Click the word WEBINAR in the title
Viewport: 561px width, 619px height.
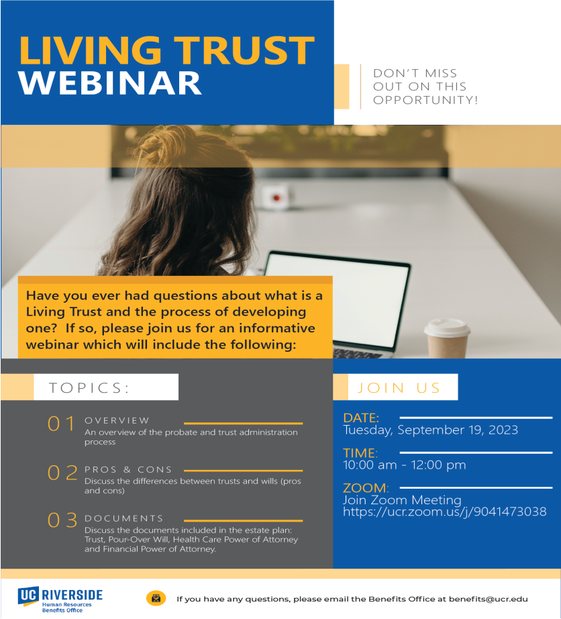110,83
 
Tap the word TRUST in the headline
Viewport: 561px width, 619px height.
245,50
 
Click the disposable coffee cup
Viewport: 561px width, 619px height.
447,338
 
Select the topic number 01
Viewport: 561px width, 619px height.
61,424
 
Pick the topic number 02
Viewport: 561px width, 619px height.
62,473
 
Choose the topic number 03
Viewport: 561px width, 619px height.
62,520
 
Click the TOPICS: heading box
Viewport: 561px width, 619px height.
106,387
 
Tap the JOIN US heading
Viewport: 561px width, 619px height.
399,387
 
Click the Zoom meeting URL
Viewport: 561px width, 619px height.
445,512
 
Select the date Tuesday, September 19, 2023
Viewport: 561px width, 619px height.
430,430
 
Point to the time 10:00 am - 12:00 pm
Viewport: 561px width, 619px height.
405,465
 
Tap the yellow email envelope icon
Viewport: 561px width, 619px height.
156,598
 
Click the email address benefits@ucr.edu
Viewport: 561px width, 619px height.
488,599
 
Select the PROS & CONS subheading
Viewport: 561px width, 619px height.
128,469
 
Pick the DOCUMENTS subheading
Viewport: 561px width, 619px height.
124,518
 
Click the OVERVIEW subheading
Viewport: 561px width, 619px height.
117,420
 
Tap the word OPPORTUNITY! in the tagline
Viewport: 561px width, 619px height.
425,100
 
